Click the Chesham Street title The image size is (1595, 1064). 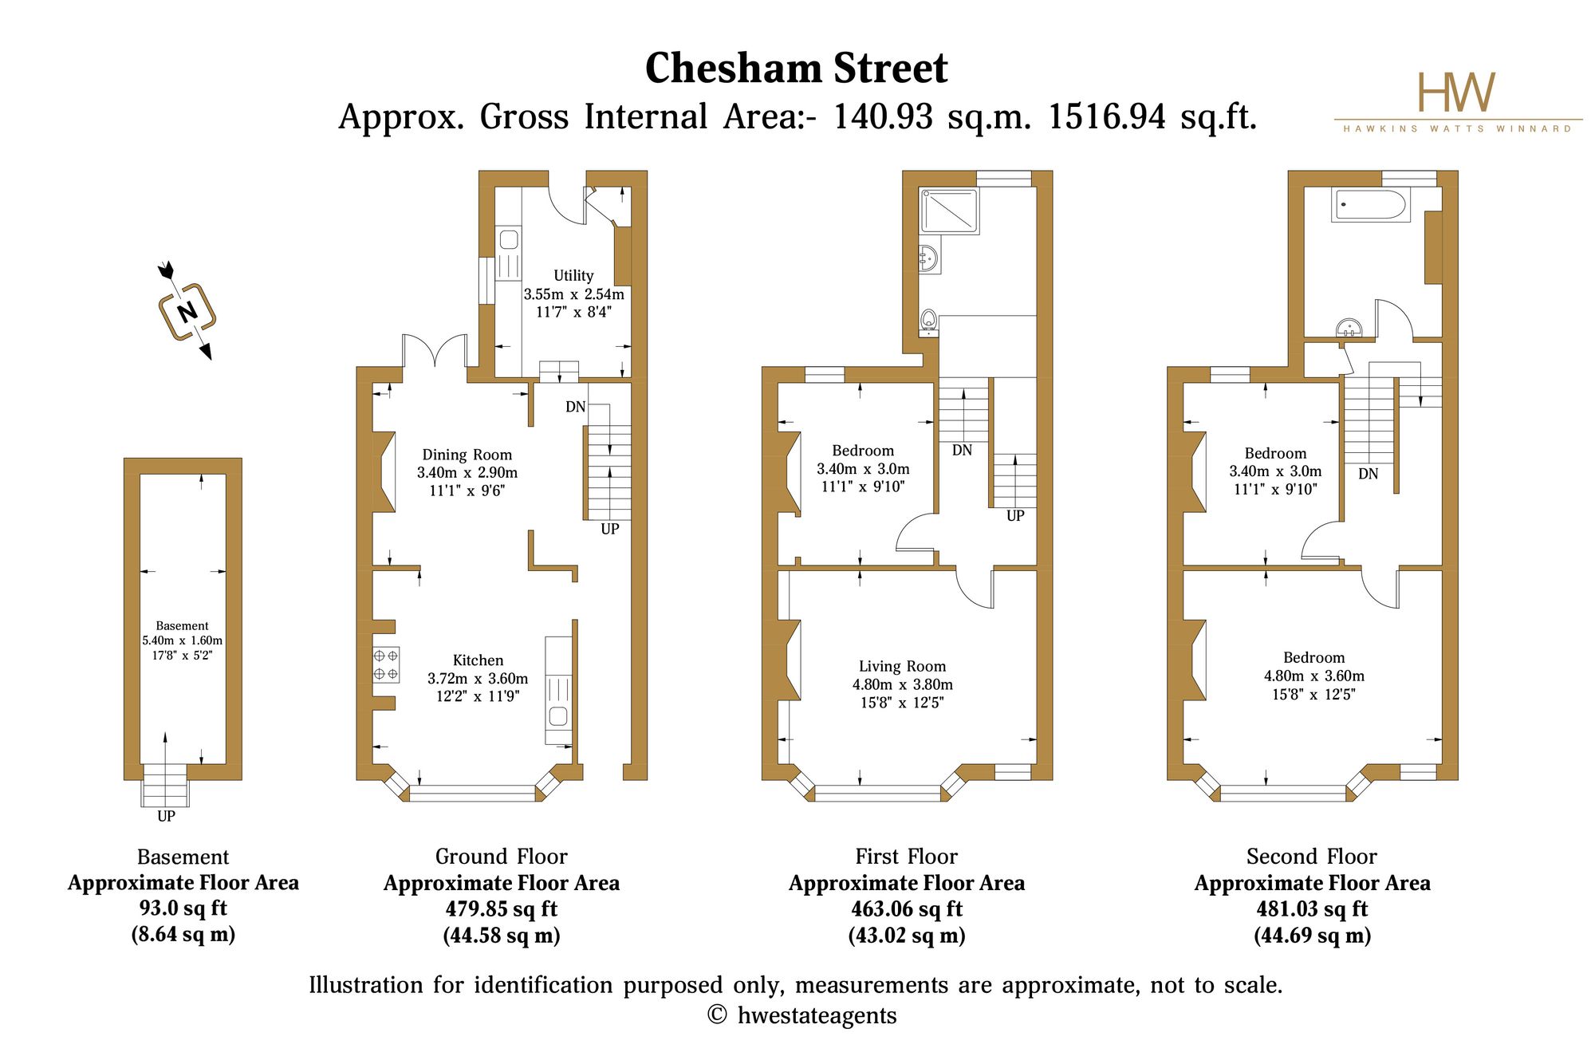(796, 68)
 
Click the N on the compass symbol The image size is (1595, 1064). (187, 312)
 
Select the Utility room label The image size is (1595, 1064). (573, 276)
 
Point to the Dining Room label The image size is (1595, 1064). (467, 455)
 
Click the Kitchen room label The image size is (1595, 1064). (478, 660)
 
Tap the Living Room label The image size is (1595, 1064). (902, 667)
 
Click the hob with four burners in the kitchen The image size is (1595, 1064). (386, 664)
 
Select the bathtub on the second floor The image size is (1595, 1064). (1370, 204)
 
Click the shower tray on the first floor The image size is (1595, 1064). (948, 211)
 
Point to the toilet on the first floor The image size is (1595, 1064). (928, 321)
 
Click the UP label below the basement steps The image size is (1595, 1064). (166, 816)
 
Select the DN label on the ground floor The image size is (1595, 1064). (576, 407)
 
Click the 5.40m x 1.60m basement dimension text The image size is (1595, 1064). (183, 640)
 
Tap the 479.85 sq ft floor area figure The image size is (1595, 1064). (502, 909)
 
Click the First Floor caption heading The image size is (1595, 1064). (907, 857)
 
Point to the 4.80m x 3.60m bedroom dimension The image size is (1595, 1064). (1314, 676)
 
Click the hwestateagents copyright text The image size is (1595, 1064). (801, 1016)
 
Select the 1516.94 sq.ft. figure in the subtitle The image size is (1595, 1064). (1152, 117)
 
